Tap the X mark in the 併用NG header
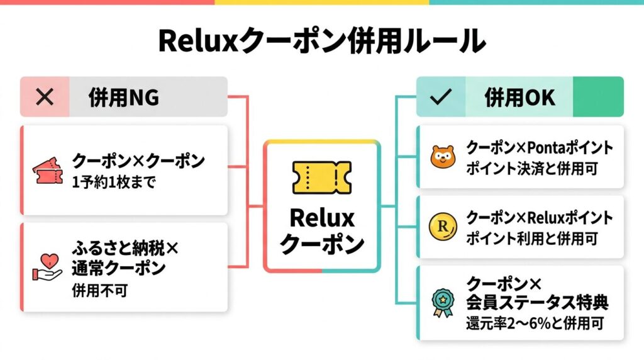coord(44,97)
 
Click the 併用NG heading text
coord(124,98)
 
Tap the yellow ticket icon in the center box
coord(321,177)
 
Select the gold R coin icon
coord(442,227)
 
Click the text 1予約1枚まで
coord(114,184)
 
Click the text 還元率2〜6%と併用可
coord(535,325)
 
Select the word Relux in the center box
coord(321,218)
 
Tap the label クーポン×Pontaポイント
coord(539,148)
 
